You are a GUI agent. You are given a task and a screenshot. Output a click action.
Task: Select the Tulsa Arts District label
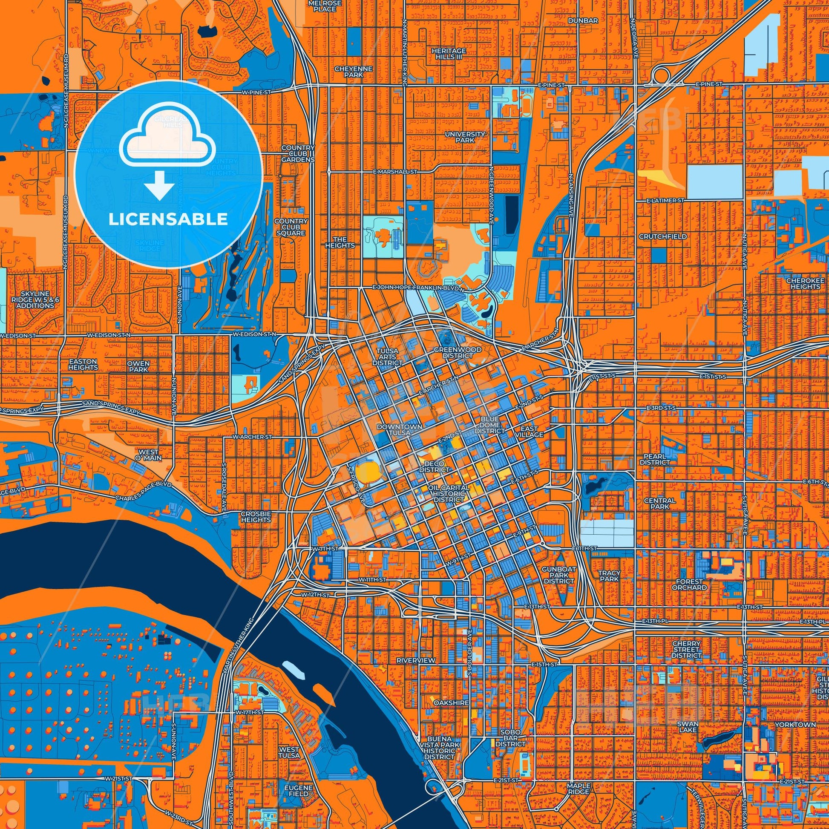pos(387,357)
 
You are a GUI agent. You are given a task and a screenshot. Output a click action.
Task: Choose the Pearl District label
pos(654,459)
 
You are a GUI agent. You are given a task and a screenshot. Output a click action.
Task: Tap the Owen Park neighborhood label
pos(138,366)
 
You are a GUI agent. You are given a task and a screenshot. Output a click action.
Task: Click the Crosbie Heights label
pos(256,516)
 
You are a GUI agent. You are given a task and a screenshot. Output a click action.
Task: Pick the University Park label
pos(465,137)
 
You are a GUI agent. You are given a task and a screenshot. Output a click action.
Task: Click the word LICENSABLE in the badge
pos(168,220)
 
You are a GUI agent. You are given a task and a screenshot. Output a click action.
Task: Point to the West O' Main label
pos(149,455)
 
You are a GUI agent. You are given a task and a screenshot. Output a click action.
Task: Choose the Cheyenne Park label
pos(354,71)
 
